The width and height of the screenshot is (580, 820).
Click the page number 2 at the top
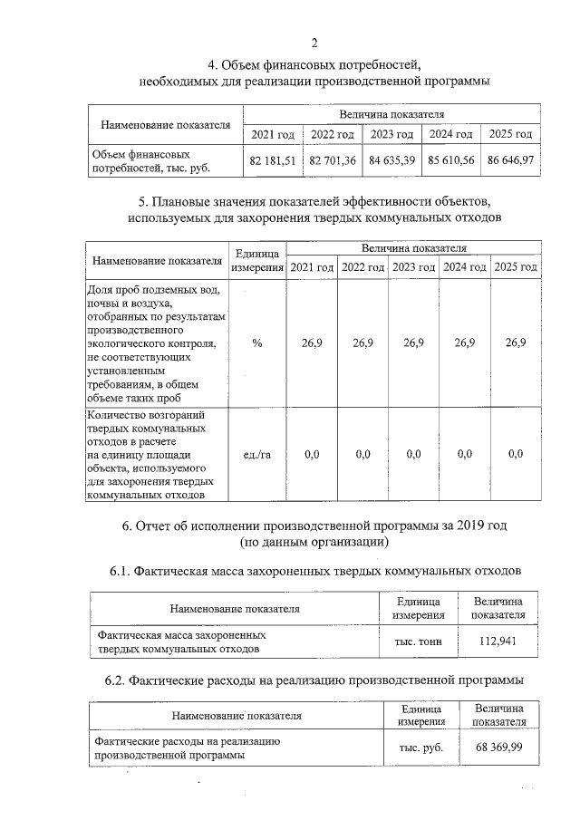[314, 43]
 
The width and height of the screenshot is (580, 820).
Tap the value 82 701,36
[332, 159]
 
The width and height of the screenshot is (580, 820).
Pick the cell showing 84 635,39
[391, 159]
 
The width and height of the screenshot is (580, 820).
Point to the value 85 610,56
[451, 159]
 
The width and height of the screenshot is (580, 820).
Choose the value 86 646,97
[510, 159]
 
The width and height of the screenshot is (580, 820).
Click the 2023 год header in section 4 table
[391, 134]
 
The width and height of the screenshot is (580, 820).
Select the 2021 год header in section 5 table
[312, 267]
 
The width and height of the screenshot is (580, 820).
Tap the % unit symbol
[257, 342]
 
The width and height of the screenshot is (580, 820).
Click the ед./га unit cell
[257, 454]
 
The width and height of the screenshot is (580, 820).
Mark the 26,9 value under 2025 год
[516, 342]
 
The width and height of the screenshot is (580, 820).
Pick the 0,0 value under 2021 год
[312, 454]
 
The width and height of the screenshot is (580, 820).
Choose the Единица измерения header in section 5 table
[257, 260]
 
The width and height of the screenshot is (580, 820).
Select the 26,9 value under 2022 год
[362, 342]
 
